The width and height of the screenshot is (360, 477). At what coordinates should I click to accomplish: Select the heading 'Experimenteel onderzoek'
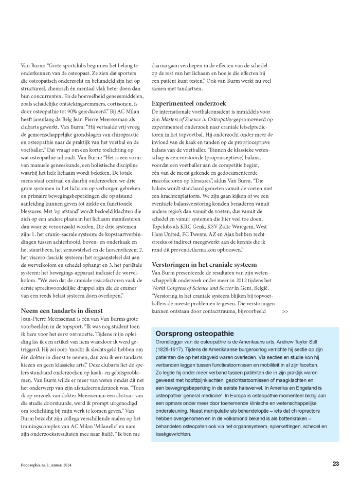(x=189, y=103)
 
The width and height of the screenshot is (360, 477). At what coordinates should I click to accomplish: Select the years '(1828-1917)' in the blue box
(x=171, y=350)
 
